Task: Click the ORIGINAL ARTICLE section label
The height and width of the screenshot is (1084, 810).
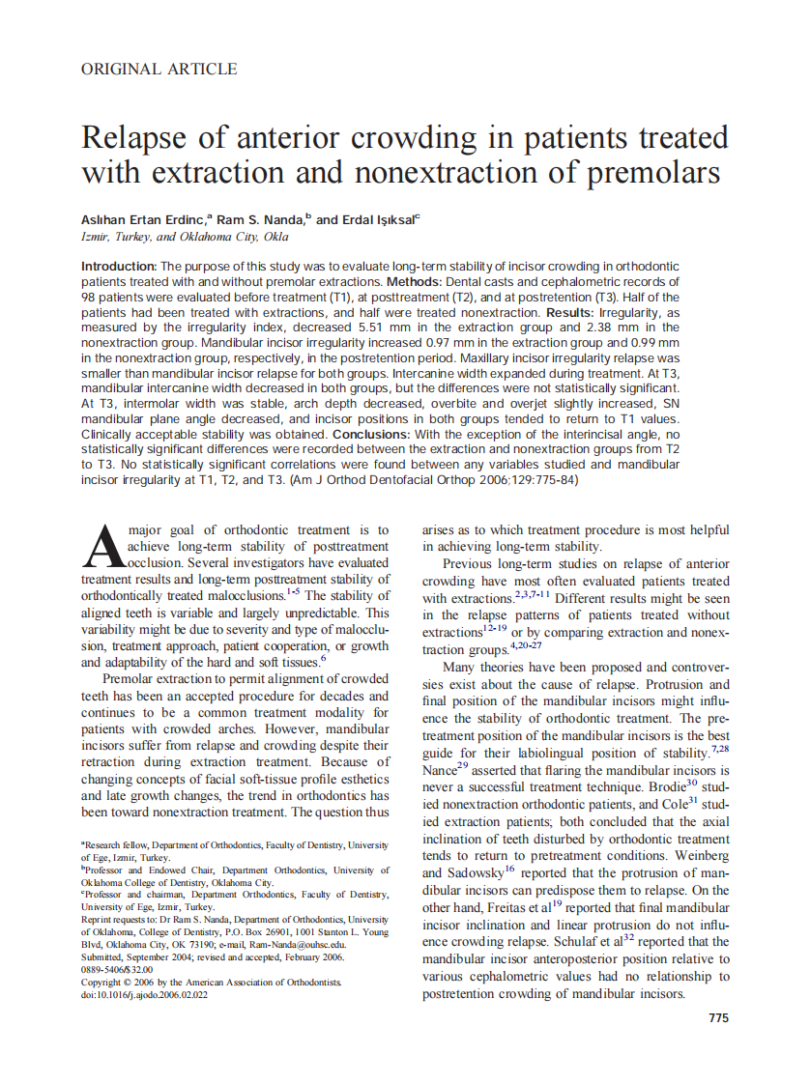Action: point(159,69)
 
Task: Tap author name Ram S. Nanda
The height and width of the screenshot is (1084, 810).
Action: point(260,220)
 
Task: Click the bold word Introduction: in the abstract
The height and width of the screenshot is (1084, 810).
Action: point(119,266)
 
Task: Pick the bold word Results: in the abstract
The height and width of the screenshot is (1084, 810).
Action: point(571,313)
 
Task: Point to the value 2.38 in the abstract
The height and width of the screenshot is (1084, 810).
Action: point(586,328)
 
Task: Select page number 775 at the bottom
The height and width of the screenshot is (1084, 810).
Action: point(718,1018)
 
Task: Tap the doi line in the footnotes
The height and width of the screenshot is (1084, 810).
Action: point(145,994)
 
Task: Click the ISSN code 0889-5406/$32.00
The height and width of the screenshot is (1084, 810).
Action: point(117,969)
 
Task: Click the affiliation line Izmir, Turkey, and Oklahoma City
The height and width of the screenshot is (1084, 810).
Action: point(185,238)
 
